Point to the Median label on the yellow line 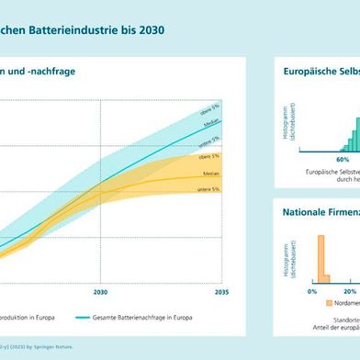[x=210, y=173]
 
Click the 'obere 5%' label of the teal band [x=209, y=111]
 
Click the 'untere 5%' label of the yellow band [x=208, y=189]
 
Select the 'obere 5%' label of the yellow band [x=209, y=157]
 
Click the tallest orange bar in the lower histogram [x=321, y=257]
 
